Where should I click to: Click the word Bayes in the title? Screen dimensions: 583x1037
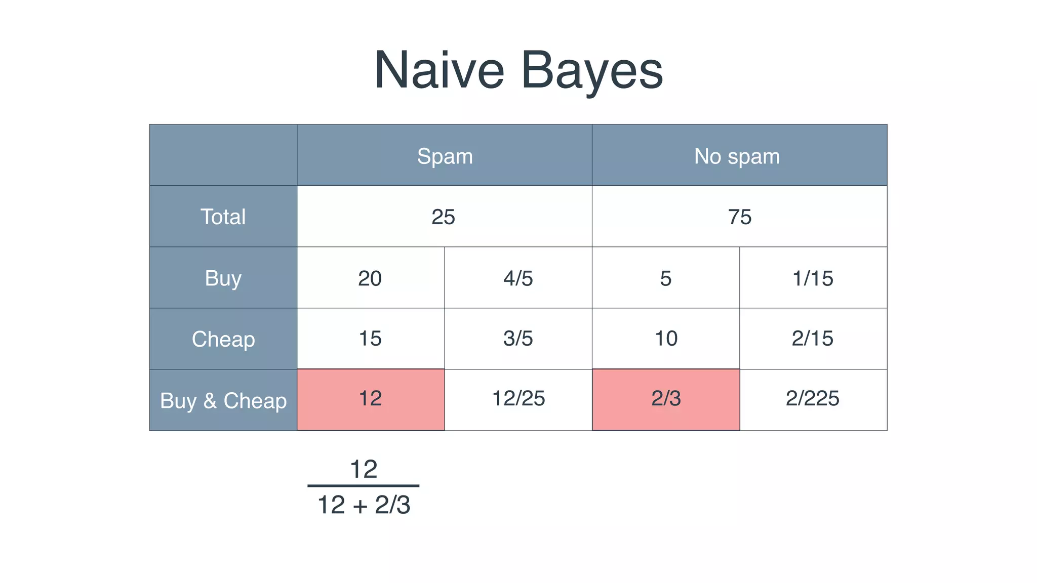(591, 71)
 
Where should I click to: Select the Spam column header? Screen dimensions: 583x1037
(445, 156)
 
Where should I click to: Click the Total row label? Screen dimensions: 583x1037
(223, 217)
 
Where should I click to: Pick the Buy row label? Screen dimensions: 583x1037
(223, 278)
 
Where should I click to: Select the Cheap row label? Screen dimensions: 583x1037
(223, 339)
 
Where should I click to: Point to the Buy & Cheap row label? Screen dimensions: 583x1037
(223, 400)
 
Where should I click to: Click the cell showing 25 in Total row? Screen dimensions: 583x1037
(444, 217)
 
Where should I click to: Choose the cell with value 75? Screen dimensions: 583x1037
(739, 217)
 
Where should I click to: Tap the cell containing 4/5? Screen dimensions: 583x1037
(518, 278)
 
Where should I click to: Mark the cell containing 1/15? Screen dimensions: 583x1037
(813, 278)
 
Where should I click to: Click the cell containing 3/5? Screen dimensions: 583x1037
(518, 338)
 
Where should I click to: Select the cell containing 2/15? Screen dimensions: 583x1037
(813, 338)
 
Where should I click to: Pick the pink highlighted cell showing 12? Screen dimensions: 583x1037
(370, 399)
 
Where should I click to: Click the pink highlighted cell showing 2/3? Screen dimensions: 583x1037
(666, 399)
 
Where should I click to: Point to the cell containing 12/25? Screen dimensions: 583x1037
(518, 399)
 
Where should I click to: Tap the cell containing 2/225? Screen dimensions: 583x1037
(813, 399)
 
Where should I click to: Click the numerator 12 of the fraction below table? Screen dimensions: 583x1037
(364, 469)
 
